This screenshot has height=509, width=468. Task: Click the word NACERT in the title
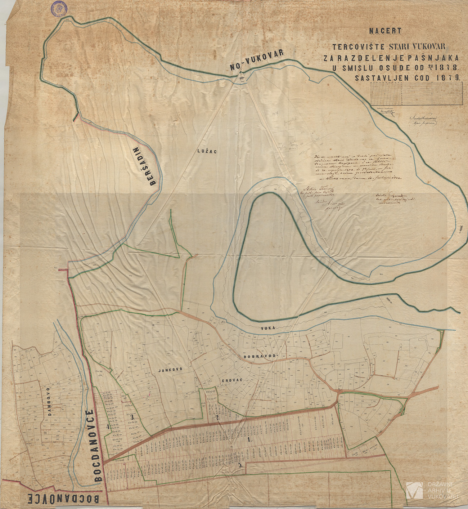pyautogui.click(x=385, y=31)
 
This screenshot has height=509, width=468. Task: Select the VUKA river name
pyautogui.click(x=269, y=328)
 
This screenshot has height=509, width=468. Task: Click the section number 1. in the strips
pyautogui.click(x=251, y=439)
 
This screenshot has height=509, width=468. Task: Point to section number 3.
pyautogui.click(x=132, y=417)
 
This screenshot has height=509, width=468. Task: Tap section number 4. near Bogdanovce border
pyautogui.click(x=108, y=427)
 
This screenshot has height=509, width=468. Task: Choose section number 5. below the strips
pyautogui.click(x=239, y=465)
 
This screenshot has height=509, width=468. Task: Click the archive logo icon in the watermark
pyautogui.click(x=414, y=490)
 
